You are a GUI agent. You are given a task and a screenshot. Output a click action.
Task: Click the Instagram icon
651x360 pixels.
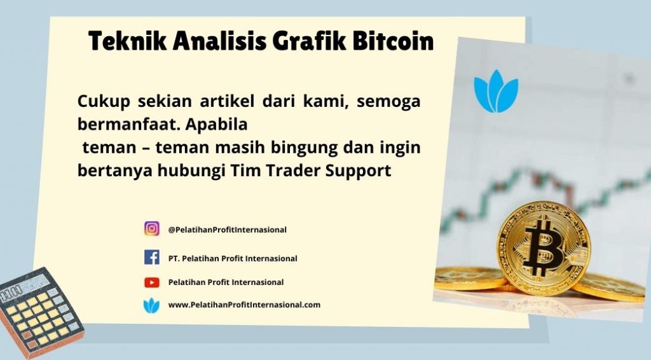click(x=151, y=229)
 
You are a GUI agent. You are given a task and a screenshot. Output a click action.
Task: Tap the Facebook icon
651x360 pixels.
click(x=151, y=258)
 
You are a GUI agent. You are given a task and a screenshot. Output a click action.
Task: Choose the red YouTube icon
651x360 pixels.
click(x=151, y=282)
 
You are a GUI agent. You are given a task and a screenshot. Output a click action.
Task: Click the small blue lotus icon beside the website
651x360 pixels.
click(x=151, y=305)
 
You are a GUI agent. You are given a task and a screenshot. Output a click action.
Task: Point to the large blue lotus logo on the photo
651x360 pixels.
click(x=496, y=92)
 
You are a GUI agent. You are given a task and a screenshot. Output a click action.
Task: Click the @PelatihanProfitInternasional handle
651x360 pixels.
click(x=227, y=230)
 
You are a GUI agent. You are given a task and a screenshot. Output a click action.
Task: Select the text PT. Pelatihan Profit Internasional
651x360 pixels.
click(x=233, y=258)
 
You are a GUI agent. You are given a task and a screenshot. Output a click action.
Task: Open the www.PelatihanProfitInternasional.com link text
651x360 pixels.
click(x=244, y=305)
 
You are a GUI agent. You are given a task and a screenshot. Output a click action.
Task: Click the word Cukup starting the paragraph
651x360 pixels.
click(x=104, y=101)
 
